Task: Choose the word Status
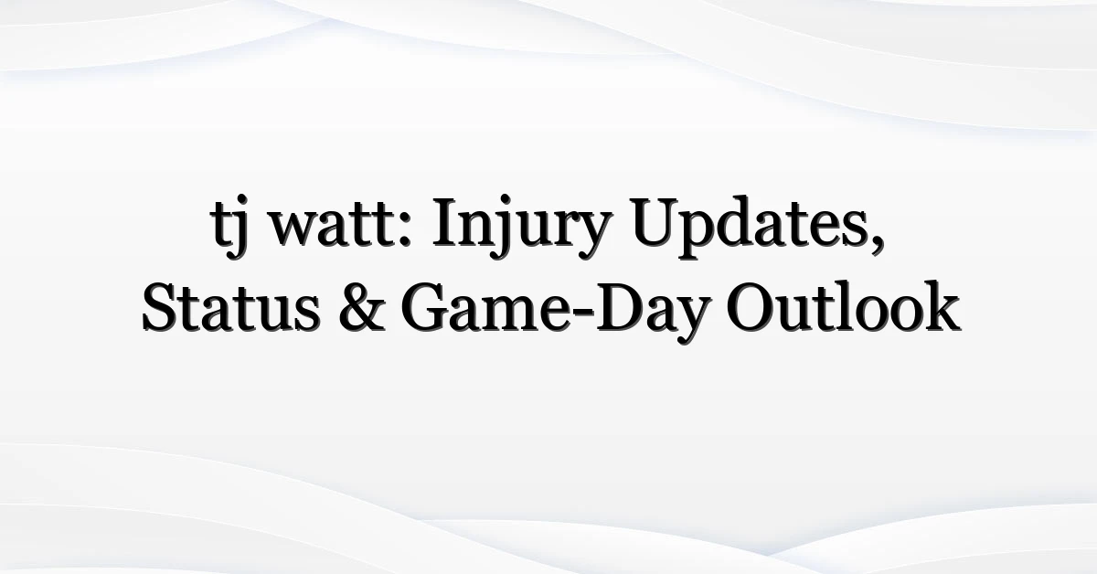click(x=230, y=309)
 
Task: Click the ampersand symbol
click(x=361, y=309)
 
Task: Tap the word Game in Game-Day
click(x=485, y=309)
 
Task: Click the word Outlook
click(x=843, y=306)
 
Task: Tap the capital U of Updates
click(x=656, y=222)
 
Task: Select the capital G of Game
click(x=425, y=309)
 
